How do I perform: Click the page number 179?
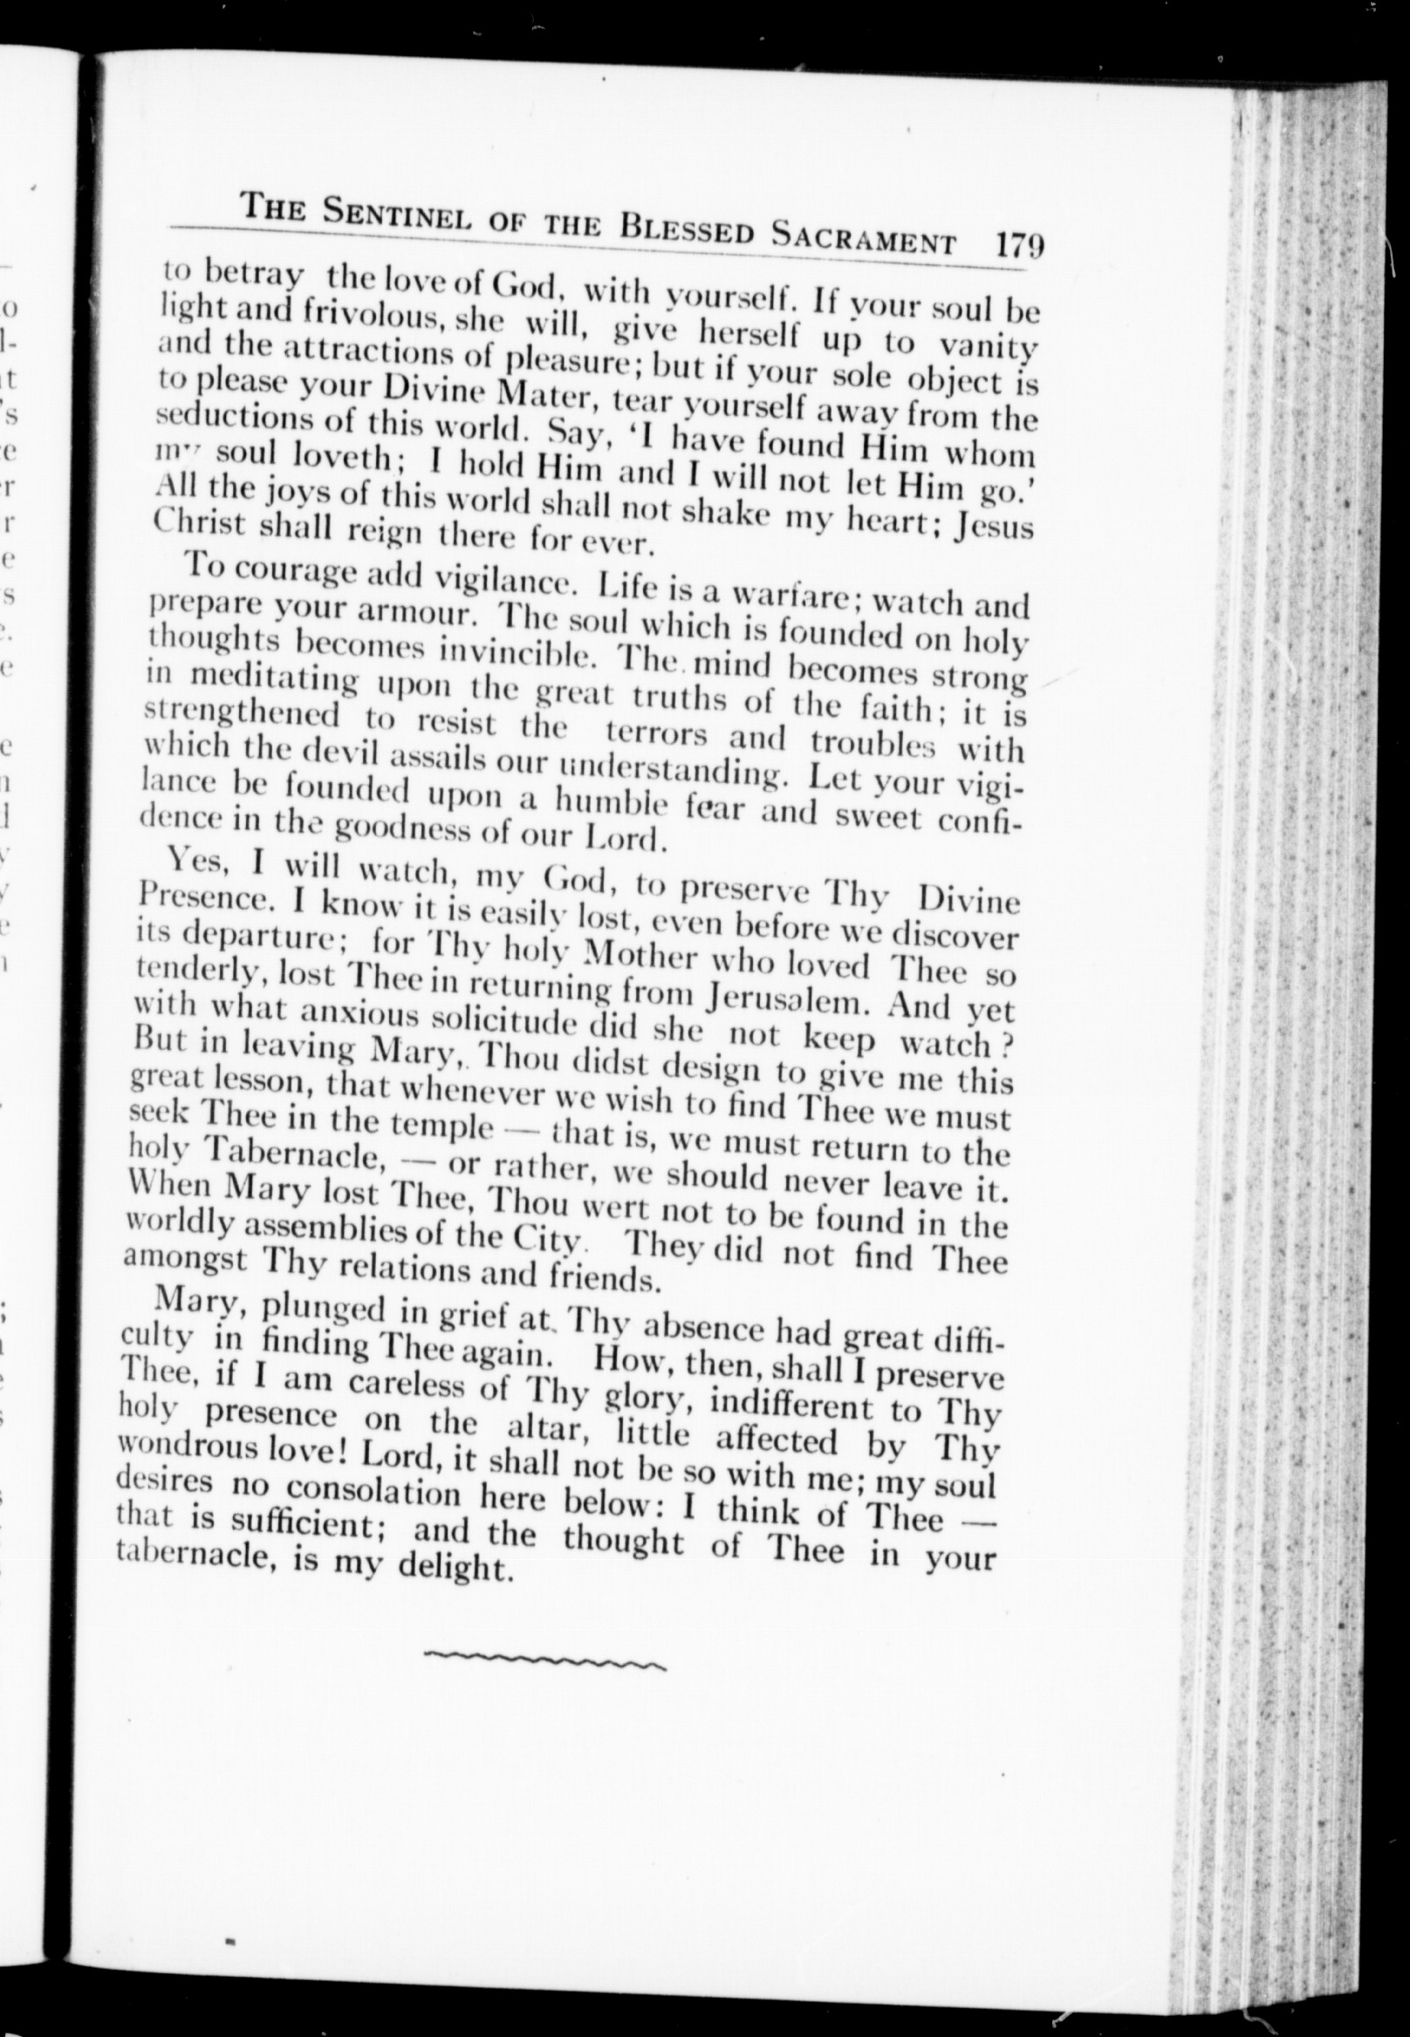point(1018,244)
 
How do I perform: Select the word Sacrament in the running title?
point(863,235)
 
